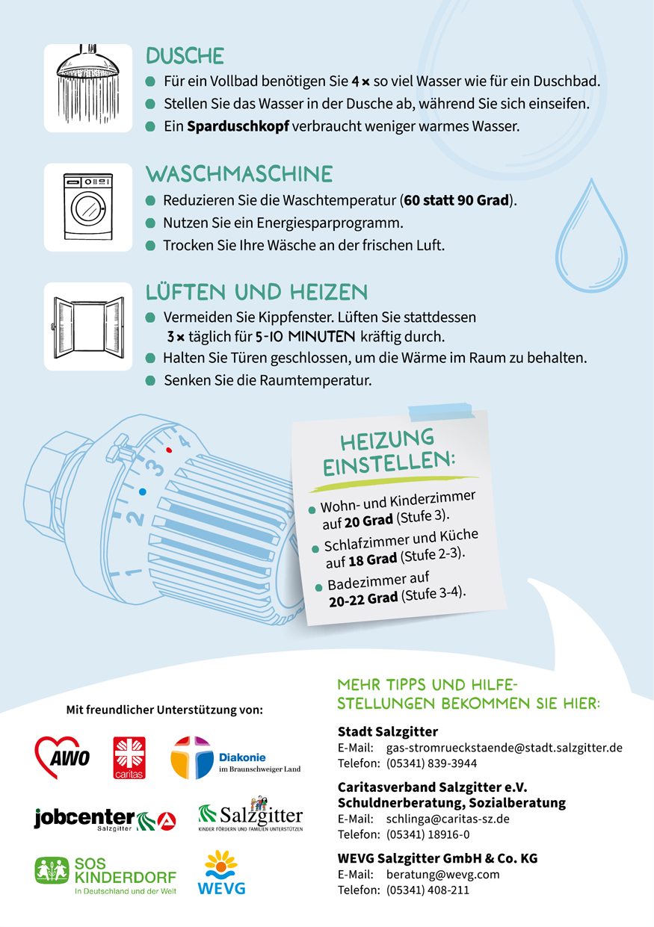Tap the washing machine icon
point(87,206)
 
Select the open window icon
point(88,327)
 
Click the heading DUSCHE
point(185,56)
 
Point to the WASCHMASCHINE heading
point(239,174)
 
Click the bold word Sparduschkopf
point(238,126)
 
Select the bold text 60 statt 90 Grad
point(457,200)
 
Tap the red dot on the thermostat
point(169,450)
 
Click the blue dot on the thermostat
point(143,492)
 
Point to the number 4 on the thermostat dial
point(184,441)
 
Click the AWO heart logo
point(62,757)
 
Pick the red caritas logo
point(129,757)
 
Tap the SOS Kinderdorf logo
point(105,875)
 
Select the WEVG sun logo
point(221,872)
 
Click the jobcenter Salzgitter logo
point(105,820)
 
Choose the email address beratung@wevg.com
point(442,875)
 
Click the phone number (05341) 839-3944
point(431,763)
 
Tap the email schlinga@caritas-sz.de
point(448,819)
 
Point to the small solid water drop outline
point(591,235)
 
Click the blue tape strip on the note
point(441,412)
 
